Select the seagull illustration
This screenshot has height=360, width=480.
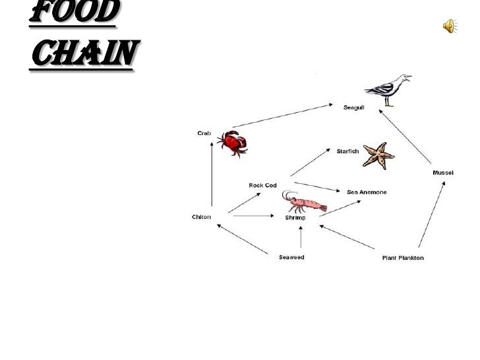coord(388,90)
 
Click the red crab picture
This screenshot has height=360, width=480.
coord(233,142)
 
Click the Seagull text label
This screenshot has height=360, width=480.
coord(353,107)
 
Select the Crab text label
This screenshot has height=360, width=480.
coord(205,133)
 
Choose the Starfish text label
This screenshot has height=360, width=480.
coord(347,151)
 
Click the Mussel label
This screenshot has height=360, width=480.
coord(442,173)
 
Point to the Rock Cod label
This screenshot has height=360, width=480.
coord(262,185)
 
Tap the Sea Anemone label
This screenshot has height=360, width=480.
coord(367,192)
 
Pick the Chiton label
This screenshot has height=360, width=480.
coord(201,217)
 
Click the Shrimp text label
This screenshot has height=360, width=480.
coord(294,217)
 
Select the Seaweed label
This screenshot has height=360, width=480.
coord(291,257)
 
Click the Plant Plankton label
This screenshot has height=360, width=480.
coord(403,257)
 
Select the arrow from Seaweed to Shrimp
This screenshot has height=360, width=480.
coord(301,238)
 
